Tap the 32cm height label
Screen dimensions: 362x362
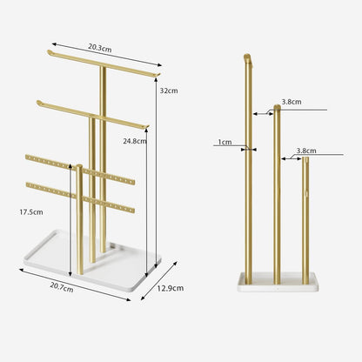(169, 90)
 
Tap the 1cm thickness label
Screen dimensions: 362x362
(225, 142)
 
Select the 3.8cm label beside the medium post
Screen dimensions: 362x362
(292, 102)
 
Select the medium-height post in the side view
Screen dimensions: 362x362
(277, 191)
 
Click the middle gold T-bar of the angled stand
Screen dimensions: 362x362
(91, 113)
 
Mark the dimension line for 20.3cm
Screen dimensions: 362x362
(106, 53)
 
